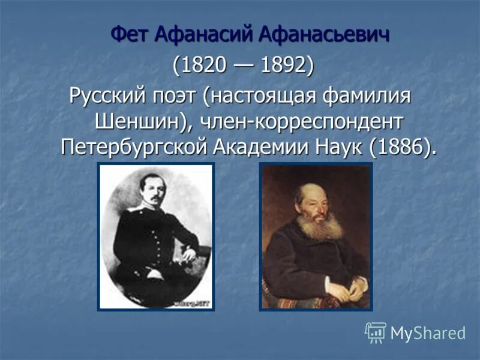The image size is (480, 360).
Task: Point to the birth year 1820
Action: click(201, 65)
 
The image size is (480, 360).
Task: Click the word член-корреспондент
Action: click(300, 121)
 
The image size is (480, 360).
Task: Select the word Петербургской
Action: click(135, 147)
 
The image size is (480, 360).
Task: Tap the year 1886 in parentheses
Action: click(400, 147)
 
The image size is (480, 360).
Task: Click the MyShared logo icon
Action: click(376, 332)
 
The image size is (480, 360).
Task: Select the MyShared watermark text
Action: click(428, 333)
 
